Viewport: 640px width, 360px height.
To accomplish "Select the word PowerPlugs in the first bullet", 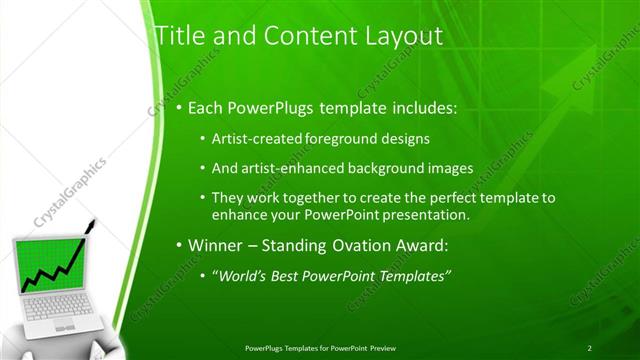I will [269, 106].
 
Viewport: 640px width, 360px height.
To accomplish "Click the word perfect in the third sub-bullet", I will [434, 198].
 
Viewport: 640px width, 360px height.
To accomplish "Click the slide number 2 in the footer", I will [590, 347].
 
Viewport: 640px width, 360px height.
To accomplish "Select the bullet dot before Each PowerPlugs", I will [178, 107].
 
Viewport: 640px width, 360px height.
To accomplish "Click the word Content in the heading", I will [289, 37].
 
